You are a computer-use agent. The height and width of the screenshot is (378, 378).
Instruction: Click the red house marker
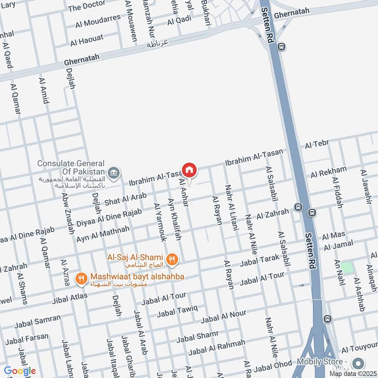(189, 170)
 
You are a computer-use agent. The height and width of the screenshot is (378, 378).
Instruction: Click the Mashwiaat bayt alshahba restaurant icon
(82, 279)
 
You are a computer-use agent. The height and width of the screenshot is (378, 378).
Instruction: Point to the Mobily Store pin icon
(358, 363)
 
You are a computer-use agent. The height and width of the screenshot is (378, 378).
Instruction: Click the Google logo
(19, 371)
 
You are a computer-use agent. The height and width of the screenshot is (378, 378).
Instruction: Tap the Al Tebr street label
(317, 143)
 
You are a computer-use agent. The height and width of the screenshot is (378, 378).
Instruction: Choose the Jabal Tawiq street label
(177, 311)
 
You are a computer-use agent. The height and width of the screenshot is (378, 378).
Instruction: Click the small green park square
(348, 267)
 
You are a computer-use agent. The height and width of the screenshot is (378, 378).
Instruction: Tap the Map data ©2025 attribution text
(353, 373)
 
